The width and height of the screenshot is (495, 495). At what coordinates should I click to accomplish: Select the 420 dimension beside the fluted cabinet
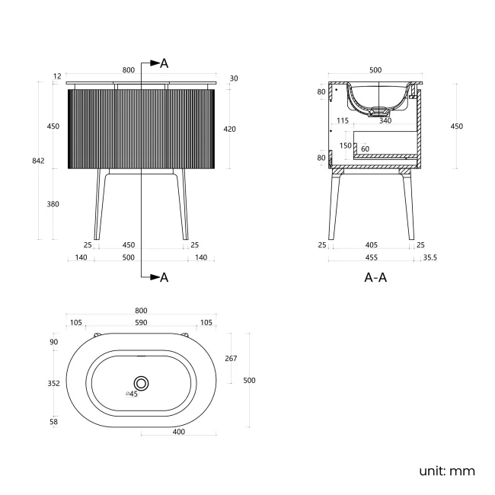[229, 129]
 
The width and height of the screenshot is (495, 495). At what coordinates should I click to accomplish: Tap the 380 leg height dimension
[53, 203]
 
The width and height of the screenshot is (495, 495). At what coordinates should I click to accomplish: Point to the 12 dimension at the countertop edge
[57, 76]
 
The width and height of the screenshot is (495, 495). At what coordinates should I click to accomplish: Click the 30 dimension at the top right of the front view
[234, 77]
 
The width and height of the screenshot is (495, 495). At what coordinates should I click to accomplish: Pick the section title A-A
[375, 277]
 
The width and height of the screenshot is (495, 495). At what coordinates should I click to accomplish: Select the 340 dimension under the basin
[385, 120]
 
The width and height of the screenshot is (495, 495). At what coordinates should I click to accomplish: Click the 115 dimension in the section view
[342, 120]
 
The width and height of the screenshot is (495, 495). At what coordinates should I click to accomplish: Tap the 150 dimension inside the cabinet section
[346, 145]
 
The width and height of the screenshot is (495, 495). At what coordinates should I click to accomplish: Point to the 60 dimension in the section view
[366, 148]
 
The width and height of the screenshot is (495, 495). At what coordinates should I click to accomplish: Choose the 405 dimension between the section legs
[372, 245]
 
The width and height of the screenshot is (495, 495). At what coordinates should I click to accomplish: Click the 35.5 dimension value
[430, 258]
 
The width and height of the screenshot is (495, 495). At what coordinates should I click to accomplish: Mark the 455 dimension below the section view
[372, 258]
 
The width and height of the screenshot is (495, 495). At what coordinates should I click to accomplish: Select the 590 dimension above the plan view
[141, 323]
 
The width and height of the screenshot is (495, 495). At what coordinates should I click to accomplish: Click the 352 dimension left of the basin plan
[53, 384]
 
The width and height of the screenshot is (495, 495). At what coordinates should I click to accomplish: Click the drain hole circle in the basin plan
[141, 382]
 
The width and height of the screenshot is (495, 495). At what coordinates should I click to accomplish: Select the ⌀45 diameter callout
[132, 394]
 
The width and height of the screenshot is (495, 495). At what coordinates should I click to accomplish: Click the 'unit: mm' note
[446, 471]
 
